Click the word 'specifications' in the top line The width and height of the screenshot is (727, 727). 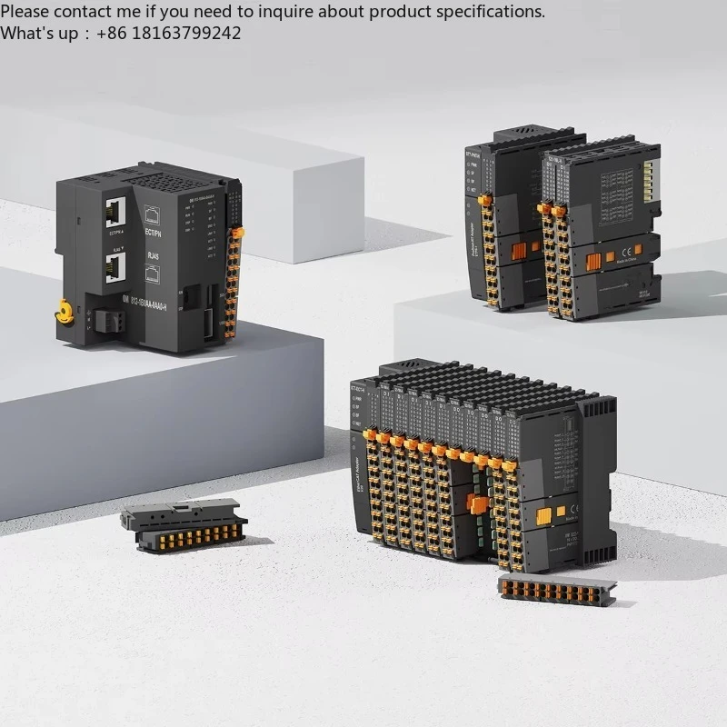[x=492, y=12]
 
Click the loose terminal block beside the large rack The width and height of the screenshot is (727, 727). [x=556, y=590]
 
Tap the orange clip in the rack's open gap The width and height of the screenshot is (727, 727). [x=476, y=505]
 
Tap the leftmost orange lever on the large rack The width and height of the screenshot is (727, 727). [x=372, y=437]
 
